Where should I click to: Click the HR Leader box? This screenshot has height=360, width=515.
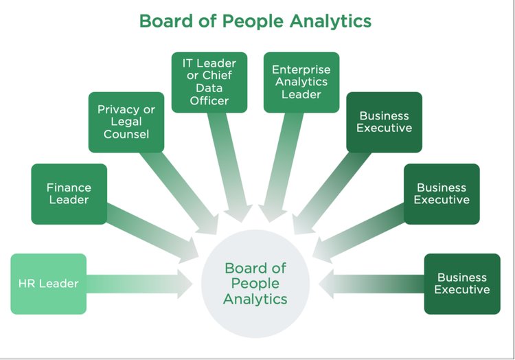click(48, 284)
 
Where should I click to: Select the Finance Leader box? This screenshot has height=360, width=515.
click(69, 194)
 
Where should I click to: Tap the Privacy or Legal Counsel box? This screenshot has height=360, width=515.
click(126, 122)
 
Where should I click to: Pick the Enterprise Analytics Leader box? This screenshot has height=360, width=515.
click(301, 82)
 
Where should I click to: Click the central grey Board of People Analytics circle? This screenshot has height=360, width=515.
click(255, 283)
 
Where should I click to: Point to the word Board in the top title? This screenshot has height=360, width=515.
click(164, 21)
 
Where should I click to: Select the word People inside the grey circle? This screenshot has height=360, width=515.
click(255, 283)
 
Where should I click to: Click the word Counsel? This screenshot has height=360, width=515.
click(126, 134)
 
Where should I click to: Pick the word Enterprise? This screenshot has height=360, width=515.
click(301, 70)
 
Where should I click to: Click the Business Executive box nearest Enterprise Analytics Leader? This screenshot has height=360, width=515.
click(384, 122)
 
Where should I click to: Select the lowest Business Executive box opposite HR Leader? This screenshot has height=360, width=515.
click(461, 284)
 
